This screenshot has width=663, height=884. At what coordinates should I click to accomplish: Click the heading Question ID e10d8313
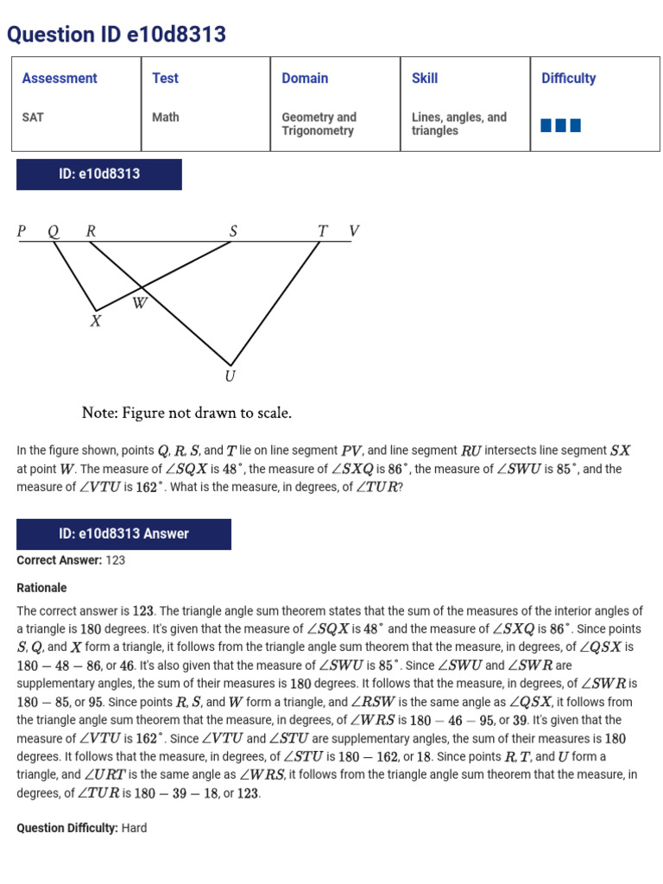pos(117,35)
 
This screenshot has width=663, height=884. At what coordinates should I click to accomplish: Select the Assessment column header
pos(60,79)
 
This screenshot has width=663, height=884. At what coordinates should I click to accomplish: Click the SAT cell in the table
pos(32,117)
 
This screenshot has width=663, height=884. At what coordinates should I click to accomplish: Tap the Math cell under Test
pos(165,117)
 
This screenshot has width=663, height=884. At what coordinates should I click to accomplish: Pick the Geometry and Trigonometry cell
pos(319,123)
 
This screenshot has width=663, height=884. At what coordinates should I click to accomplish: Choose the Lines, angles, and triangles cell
pos(458,123)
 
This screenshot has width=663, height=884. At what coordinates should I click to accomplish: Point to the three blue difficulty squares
pos(560,126)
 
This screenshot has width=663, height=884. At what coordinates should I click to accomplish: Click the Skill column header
pos(425,79)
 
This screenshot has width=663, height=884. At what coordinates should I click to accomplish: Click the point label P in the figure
pos(22,231)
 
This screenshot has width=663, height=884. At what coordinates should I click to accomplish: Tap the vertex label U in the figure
pos(230,376)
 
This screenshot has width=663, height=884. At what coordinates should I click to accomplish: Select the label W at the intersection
pos(140,303)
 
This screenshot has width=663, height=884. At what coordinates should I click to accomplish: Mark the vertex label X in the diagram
pos(96,321)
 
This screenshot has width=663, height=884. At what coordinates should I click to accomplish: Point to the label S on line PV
pos(233,231)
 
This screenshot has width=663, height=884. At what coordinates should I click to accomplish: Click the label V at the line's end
pos(353,231)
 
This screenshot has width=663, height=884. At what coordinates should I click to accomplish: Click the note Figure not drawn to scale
pos(186,413)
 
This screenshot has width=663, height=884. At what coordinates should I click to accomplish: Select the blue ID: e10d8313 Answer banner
pos(123,534)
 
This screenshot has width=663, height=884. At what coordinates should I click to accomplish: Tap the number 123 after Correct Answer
pos(116,560)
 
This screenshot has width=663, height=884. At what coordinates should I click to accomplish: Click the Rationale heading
pos(41,588)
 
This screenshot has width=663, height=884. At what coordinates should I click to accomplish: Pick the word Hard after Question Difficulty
pos(134,828)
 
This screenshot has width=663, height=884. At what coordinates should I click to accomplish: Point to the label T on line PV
pos(322,231)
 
